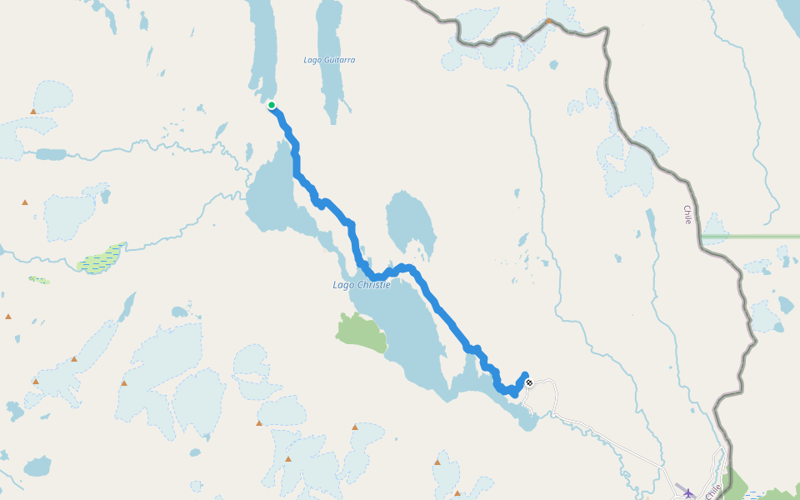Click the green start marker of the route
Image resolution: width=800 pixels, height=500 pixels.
tap(272, 105)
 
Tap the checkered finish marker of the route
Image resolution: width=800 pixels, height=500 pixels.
tap(529, 383)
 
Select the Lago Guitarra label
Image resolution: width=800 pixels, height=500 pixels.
tap(329, 60)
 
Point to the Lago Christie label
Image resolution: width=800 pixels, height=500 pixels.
tap(361, 285)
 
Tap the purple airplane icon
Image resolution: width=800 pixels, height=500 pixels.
tap(688, 493)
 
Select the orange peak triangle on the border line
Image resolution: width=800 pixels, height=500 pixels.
tap(548, 21)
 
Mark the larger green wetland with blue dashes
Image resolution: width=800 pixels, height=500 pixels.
tap(102, 261)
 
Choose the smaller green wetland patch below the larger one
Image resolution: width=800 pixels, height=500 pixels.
tap(38, 280)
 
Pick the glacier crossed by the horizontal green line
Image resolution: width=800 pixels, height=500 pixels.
tap(714, 232)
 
